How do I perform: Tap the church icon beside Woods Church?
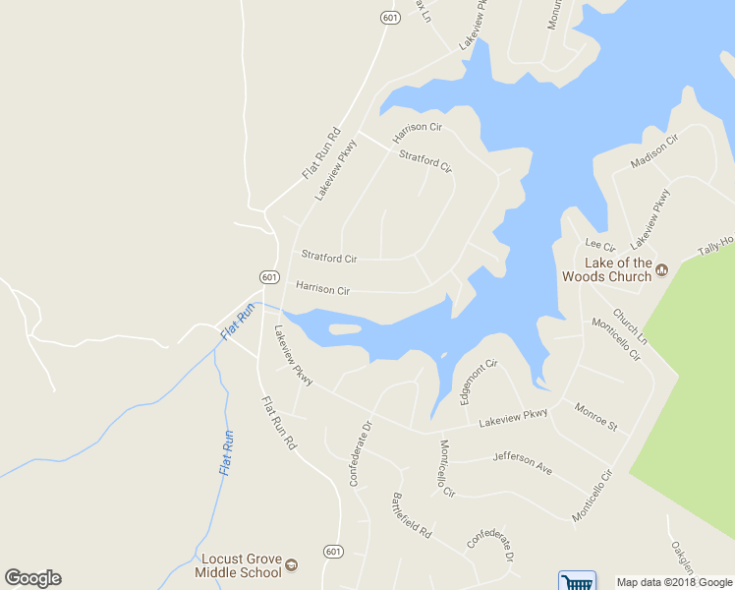pos(661,269)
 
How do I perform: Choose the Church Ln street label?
pos(630,326)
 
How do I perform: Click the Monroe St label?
pos(596,419)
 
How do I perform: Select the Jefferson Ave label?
pos(522,462)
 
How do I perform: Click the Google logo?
pos(32,578)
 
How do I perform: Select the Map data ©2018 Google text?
pos(674,582)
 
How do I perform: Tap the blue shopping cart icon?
pos(577,581)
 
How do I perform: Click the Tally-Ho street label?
pos(715,246)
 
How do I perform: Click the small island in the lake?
pos(345,328)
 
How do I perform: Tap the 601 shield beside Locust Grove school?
pos(334,552)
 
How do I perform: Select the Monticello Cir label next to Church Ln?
pos(616,338)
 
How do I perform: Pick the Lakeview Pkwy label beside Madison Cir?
pos(650,217)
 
